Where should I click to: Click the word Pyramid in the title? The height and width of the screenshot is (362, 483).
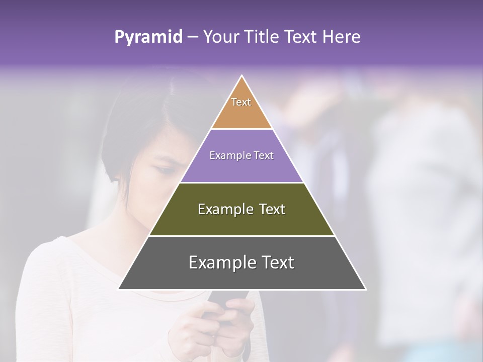coord(148,37)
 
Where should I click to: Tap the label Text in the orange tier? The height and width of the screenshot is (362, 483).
coord(241,102)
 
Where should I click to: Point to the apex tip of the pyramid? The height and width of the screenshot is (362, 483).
coord(242,76)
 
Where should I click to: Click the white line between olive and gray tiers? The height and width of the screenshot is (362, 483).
coord(242,236)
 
